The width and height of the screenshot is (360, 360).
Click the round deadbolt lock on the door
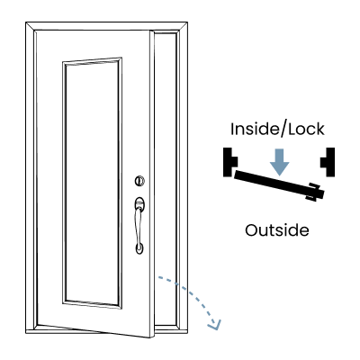click(x=139, y=181)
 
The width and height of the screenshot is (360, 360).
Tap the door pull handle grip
click(x=139, y=226)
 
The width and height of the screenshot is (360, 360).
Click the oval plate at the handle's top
click(x=139, y=204)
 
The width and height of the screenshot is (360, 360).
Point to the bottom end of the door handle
click(x=139, y=247)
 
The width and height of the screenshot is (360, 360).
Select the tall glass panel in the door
click(x=92, y=183)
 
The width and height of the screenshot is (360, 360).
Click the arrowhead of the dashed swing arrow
click(x=215, y=325)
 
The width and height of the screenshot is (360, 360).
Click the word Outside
click(x=277, y=230)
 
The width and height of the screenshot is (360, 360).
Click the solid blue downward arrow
click(x=279, y=162)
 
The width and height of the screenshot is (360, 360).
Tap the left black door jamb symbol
click(x=230, y=162)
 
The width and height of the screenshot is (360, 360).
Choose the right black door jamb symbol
click(x=328, y=162)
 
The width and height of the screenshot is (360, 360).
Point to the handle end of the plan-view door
click(x=315, y=192)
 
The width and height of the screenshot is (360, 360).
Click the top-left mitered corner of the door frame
click(x=31, y=26)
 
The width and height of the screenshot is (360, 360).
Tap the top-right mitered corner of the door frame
click(x=184, y=26)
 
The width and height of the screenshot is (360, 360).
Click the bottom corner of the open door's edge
click(x=152, y=337)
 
